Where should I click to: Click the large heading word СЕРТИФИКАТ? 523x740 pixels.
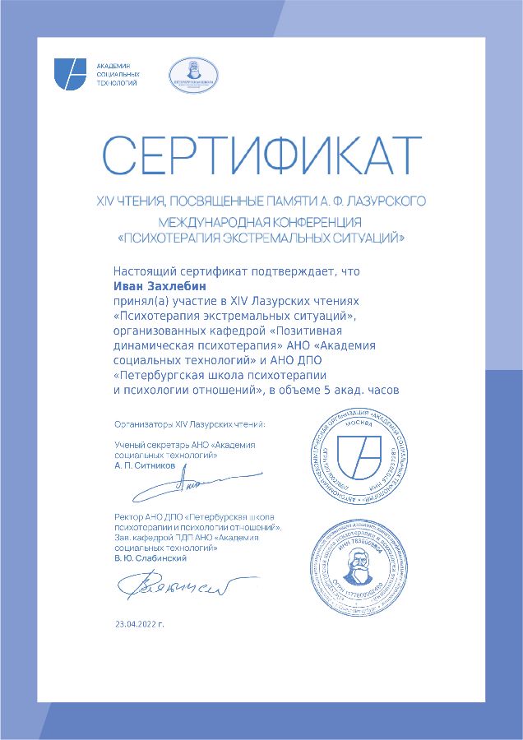[261, 155]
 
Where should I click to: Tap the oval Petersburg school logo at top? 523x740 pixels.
[193, 74]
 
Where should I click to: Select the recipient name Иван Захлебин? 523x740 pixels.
[160, 286]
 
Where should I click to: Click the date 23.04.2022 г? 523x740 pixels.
[140, 624]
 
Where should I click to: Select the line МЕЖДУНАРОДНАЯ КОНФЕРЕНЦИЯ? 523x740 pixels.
[261, 222]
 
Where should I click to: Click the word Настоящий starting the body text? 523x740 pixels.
[141, 271]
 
